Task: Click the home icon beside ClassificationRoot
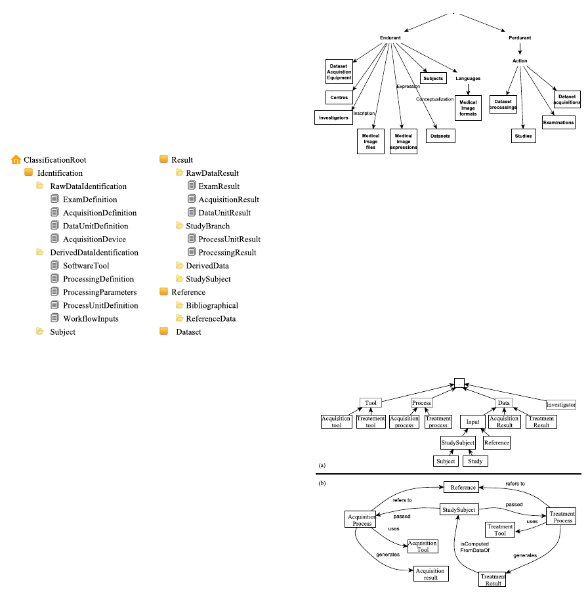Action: point(16,159)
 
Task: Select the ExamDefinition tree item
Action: point(90,200)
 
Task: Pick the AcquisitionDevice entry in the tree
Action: point(94,240)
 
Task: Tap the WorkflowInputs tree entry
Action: point(91,319)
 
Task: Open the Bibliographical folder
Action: point(211,305)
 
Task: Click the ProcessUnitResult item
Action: point(229,240)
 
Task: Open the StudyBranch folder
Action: point(207,226)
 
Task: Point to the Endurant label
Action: point(390,37)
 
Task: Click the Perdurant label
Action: point(520,37)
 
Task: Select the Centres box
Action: point(339,97)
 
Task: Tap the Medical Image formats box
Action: point(468,108)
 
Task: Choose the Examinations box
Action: point(558,122)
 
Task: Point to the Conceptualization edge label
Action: point(434,99)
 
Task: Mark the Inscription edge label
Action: point(364,113)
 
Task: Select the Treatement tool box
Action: point(370,421)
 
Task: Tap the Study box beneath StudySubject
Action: point(475,461)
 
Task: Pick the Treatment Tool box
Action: point(499,529)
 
